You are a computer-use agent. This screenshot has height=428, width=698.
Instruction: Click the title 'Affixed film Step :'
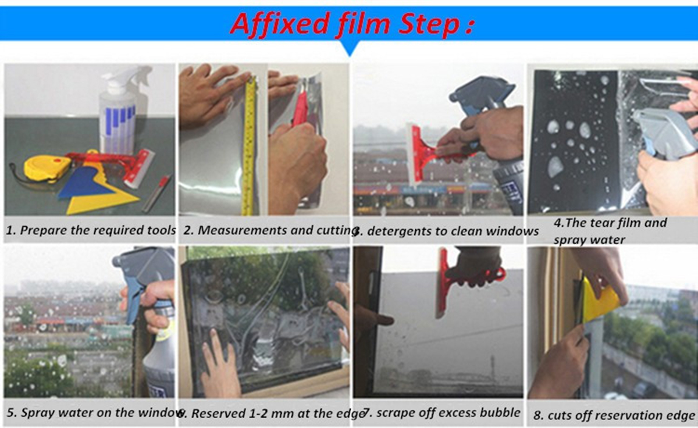point(352,23)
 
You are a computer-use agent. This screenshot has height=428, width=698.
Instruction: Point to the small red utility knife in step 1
point(156,193)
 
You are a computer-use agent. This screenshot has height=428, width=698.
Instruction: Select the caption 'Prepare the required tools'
point(98,230)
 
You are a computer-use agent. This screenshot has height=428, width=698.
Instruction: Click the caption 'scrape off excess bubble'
point(448,412)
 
